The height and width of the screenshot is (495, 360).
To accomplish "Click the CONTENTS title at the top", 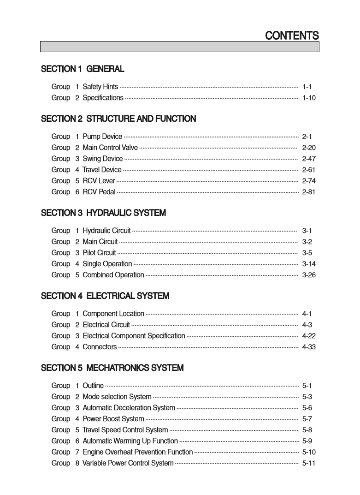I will coord(292,36).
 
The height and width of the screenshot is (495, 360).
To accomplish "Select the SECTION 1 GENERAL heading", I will coord(83,69).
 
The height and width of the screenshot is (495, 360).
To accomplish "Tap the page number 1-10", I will coord(308,98).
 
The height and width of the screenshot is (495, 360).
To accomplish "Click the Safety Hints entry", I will coord(100,87).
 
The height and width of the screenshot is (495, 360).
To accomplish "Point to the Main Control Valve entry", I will coord(110,148).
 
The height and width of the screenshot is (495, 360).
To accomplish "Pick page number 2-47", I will coord(308,159).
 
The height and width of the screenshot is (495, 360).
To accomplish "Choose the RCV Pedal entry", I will coord(99,192).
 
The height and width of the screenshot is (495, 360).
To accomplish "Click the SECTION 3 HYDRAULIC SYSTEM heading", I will coord(103,213).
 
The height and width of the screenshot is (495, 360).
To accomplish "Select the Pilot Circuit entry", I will coord(99,253).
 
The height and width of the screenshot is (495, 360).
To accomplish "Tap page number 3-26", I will coord(308,275).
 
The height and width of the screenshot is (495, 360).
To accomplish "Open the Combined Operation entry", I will coord(113,275).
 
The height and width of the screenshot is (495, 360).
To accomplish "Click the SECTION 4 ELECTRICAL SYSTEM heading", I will coord(105,296).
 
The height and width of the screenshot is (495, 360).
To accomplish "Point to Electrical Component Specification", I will coord(134,336).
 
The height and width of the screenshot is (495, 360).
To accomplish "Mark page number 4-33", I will coord(308,347).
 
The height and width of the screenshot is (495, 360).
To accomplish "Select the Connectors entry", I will coord(100,347).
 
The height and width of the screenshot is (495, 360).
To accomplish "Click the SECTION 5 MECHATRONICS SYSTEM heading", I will coord(112,368).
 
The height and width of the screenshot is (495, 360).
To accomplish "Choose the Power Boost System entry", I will coord(113,419).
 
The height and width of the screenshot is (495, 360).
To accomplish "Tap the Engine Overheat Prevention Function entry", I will coord(137,452).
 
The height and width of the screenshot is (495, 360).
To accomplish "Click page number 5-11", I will coord(308,463).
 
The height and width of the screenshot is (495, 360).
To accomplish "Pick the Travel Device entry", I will coord(102,170).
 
